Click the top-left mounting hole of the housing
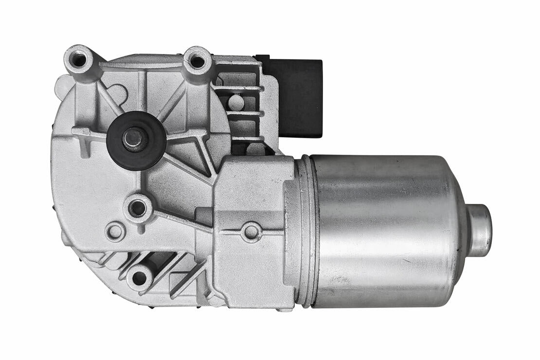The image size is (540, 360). (78, 60)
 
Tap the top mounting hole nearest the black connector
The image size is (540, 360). (197, 61)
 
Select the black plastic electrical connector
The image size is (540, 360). (297, 97)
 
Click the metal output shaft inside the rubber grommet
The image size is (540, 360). (132, 138)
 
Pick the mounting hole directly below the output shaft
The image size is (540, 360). (138, 208)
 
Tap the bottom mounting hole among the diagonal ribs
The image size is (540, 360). (139, 278)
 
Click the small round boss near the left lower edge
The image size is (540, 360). (115, 231)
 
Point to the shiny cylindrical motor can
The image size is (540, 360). (384, 231)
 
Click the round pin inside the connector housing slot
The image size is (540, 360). (235, 102)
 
